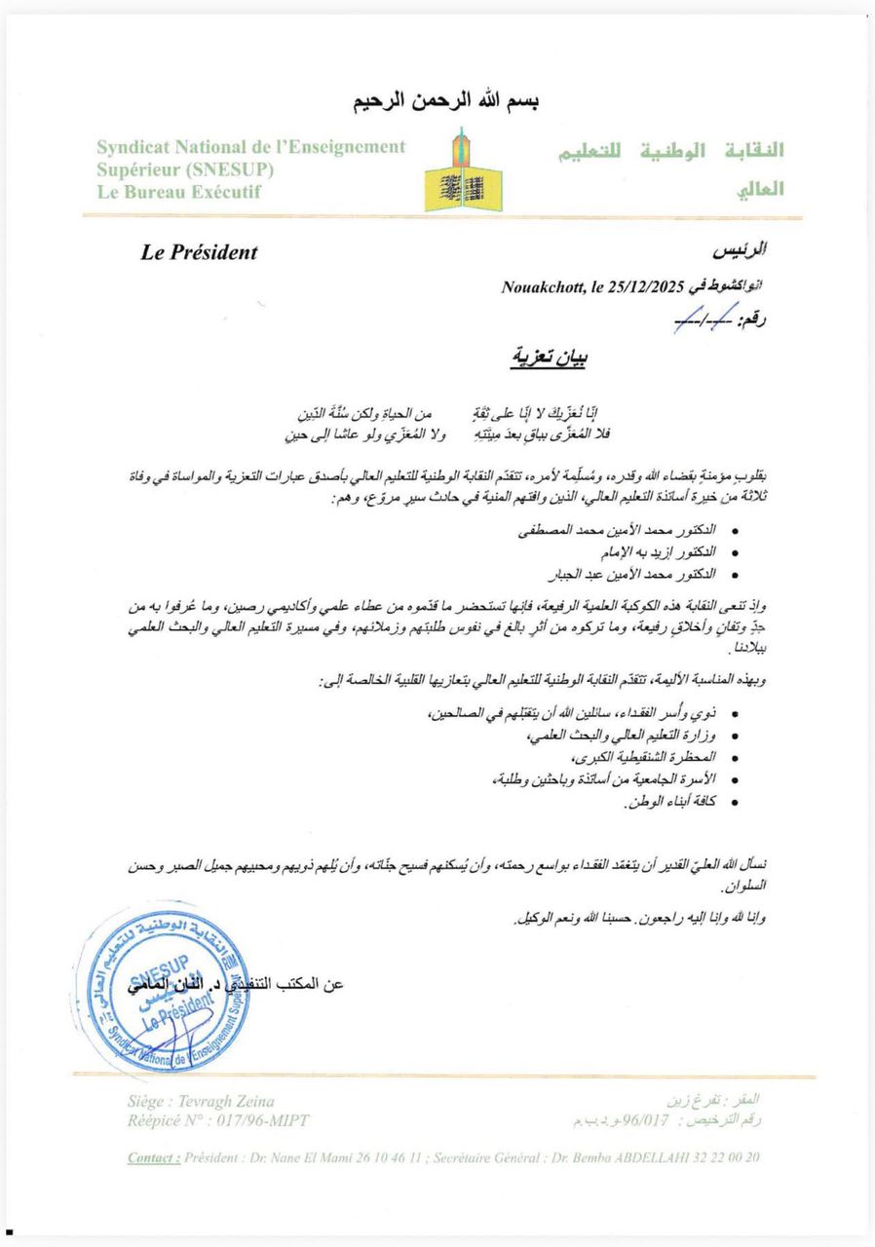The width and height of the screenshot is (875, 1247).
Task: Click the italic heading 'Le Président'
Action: pos(199,253)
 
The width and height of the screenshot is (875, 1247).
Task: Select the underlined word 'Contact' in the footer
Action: pos(153,1157)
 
